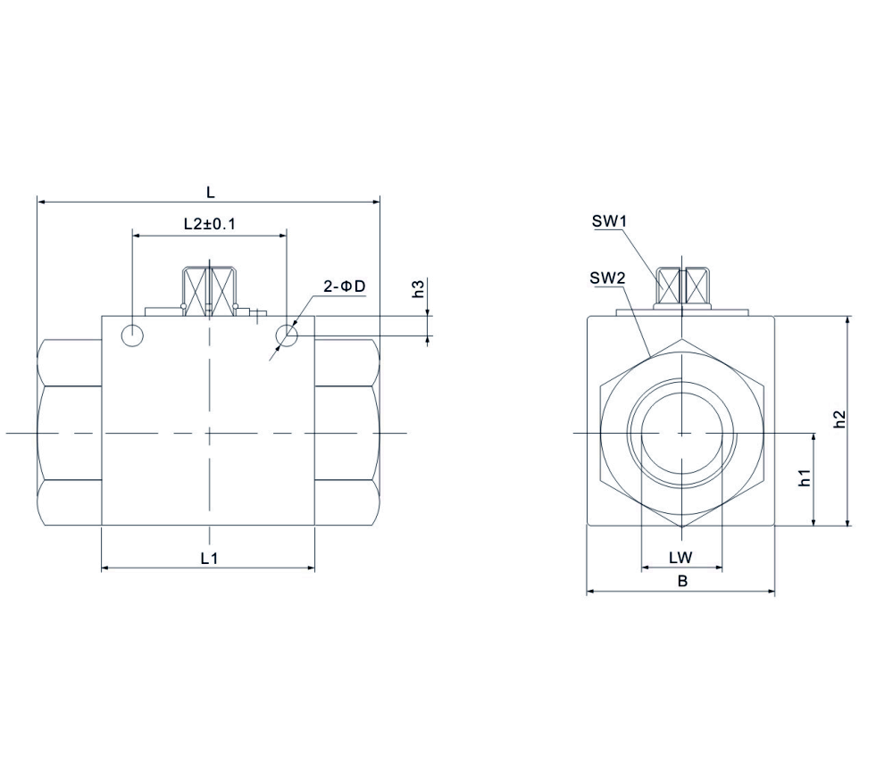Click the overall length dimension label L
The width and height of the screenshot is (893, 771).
[x=211, y=192]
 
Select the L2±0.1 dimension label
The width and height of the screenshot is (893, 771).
[x=209, y=224]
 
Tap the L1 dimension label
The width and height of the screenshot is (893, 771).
[x=209, y=558]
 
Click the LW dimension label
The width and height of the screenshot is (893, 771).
[x=681, y=558]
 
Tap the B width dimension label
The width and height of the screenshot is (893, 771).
[x=681, y=581]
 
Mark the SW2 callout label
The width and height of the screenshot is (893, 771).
[x=606, y=278]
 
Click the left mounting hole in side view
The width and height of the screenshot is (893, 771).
[x=133, y=336]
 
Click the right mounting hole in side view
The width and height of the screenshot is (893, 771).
[x=288, y=336]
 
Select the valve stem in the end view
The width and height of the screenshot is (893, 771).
[x=681, y=286]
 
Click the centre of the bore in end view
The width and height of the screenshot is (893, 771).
[x=681, y=434]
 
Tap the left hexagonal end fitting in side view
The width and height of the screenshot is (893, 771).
[x=70, y=434]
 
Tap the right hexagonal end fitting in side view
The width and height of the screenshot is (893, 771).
[x=347, y=434]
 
